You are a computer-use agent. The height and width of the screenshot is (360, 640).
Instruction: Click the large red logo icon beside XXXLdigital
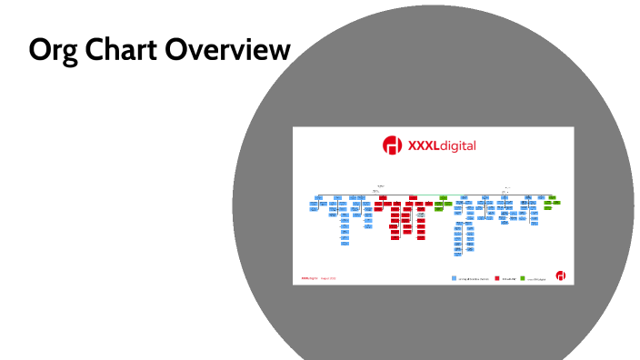pyautogui.click(x=392, y=145)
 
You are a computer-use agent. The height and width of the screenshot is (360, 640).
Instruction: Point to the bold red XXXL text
pyautogui.click(x=423, y=145)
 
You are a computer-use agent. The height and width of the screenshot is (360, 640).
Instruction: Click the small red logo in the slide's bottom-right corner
pyautogui.click(x=561, y=275)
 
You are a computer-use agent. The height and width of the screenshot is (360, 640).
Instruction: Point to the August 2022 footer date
pyautogui.click(x=327, y=277)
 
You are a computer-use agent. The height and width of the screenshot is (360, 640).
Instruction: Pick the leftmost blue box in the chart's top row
pyautogui.click(x=319, y=197)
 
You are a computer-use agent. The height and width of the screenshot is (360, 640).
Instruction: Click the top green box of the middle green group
pyautogui.click(x=443, y=197)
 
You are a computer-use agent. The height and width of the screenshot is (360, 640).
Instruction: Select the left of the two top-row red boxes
pyautogui.click(x=384, y=197)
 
